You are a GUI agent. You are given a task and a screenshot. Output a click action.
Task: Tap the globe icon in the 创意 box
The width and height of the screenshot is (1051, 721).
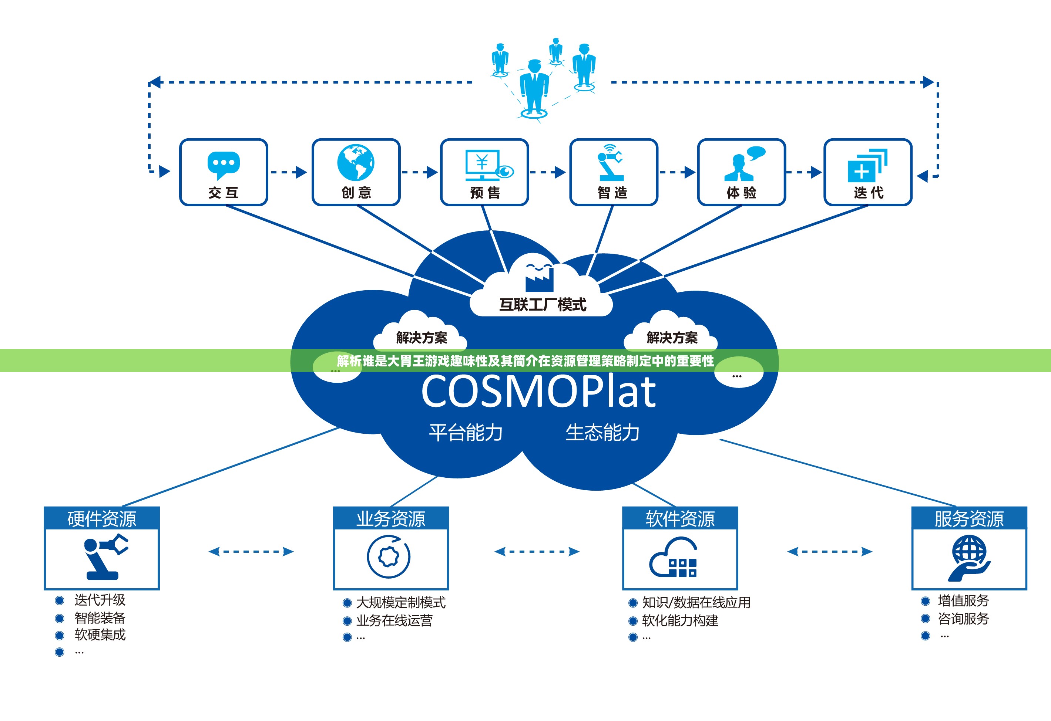tap(356, 163)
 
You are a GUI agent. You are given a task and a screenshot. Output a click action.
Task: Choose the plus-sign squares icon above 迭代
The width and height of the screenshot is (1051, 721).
tap(867, 165)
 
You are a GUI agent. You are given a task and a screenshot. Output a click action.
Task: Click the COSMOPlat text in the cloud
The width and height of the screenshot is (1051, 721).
tap(538, 391)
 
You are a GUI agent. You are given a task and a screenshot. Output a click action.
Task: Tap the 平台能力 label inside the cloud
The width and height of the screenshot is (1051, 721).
tap(466, 432)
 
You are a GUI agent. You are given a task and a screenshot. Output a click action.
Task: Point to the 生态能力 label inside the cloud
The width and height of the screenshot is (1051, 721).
tap(602, 432)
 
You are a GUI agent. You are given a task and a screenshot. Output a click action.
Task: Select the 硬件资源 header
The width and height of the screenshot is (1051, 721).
tap(102, 519)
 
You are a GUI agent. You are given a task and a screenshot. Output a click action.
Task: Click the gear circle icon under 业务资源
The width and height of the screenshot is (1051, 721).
tap(389, 556)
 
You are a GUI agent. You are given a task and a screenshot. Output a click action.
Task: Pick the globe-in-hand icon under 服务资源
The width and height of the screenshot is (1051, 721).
tap(969, 558)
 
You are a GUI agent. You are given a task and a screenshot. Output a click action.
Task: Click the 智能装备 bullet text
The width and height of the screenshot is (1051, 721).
tap(100, 617)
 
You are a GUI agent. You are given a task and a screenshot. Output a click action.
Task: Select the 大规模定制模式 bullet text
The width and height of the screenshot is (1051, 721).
tap(401, 603)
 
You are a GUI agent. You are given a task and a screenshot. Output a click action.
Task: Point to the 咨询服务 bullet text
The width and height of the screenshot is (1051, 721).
tap(964, 619)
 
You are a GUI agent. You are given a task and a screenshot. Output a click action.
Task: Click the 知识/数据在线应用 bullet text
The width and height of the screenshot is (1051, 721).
tap(696, 603)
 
